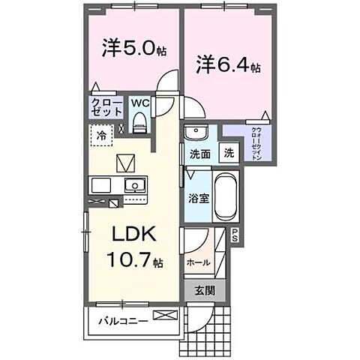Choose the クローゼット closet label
pyautogui.click(x=106, y=106)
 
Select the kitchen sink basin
pyautogui.click(x=136, y=185)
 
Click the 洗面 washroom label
pyautogui.click(x=199, y=154)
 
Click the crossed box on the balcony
pyautogui.click(x=163, y=315)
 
